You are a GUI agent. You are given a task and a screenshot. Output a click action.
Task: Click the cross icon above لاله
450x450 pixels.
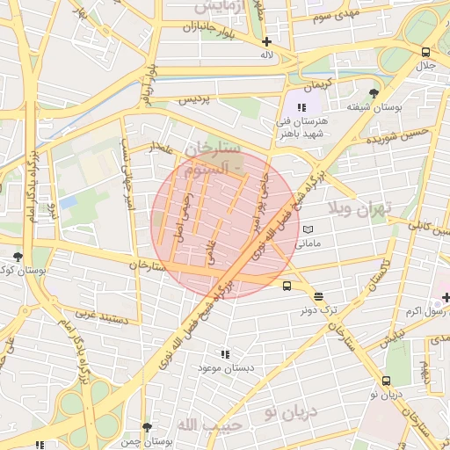266,41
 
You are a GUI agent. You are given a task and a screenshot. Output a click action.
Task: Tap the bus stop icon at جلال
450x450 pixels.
426,52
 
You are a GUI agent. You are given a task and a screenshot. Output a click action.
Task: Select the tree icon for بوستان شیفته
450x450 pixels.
375,92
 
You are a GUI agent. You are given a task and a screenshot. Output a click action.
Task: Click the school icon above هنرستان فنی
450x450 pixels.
301,105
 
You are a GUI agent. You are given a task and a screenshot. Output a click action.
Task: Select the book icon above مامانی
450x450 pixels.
308,229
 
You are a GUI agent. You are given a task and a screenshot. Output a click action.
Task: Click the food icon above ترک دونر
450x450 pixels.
317,296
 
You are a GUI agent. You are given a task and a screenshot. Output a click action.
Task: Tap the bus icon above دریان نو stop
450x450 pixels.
387,381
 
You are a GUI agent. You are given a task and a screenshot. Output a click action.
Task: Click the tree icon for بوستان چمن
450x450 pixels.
148,427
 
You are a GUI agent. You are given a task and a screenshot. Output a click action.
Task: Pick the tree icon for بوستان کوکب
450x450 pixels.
18,258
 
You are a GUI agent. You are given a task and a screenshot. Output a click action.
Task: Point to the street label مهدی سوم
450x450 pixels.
333,17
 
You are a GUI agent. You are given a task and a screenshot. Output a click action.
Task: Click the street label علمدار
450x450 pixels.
163,147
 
